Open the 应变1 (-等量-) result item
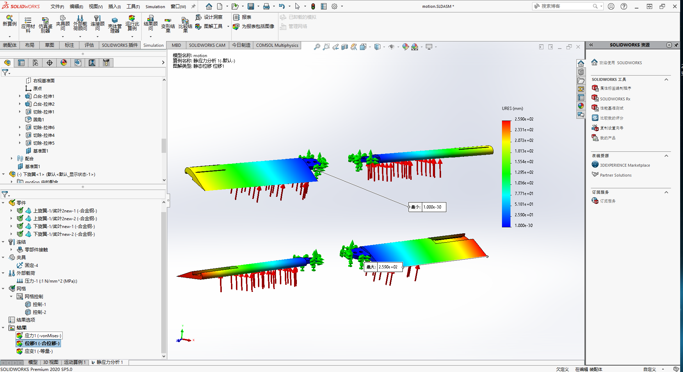click(38, 351)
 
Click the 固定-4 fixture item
click(31, 265)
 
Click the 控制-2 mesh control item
click(39, 312)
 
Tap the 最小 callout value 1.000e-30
click(433, 207)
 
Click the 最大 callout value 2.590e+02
click(388, 267)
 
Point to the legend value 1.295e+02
click(524, 172)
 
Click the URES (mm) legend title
click(512, 109)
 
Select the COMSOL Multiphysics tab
click(277, 45)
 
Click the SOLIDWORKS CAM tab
click(207, 45)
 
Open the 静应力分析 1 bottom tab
click(109, 362)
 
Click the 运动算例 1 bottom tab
click(75, 362)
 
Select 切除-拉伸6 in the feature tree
click(44, 127)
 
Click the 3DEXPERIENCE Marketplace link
click(625, 165)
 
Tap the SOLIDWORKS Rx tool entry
click(615, 99)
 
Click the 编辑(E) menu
click(76, 6)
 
